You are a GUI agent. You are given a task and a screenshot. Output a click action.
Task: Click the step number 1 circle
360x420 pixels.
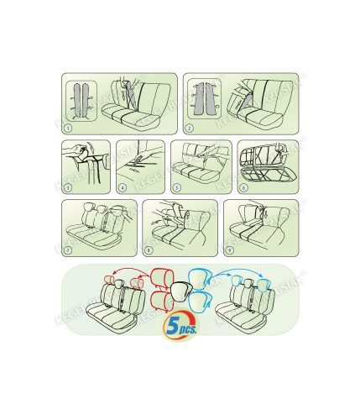68,129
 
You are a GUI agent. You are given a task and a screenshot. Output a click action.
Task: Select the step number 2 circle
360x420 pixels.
190,129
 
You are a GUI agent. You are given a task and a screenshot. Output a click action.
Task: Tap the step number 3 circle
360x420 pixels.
67,189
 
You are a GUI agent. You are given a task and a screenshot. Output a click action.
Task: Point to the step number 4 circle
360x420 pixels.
122,189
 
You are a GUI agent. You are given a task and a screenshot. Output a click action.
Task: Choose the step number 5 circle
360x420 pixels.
176,189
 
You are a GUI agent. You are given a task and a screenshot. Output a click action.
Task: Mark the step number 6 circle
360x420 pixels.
243,189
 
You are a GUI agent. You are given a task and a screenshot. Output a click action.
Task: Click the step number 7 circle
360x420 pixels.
68,249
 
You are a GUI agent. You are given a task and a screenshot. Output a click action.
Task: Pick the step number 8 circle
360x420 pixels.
149,249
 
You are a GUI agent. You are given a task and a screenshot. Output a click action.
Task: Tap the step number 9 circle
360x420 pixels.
229,249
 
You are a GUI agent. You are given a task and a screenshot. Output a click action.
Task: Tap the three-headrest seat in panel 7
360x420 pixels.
99,227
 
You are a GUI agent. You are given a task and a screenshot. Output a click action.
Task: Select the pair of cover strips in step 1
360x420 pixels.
81,102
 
